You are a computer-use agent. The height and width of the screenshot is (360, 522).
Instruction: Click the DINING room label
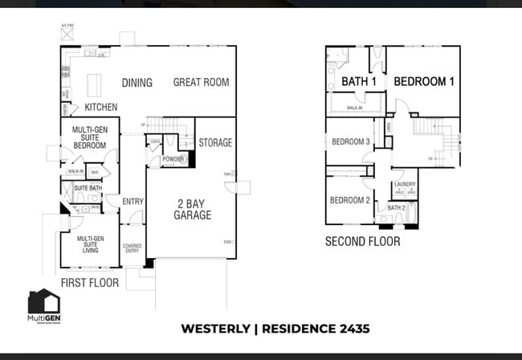point(137,83)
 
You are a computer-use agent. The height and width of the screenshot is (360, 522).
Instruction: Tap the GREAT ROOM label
point(201,82)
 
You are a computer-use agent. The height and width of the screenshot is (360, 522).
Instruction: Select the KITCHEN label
point(101,107)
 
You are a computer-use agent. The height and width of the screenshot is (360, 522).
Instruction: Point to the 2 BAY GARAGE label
point(194,209)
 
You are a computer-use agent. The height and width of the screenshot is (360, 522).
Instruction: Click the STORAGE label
point(216,143)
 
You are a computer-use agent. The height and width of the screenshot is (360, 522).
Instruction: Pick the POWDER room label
point(173,160)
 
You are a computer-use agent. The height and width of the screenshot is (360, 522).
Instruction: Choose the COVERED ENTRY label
point(133,248)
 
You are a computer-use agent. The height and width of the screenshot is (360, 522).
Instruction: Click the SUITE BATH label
point(88,188)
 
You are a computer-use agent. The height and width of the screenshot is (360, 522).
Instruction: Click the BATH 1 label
point(359,82)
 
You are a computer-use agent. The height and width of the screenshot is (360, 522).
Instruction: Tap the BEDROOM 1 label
point(424,82)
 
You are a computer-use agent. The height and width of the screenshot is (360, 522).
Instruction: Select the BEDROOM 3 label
point(351,142)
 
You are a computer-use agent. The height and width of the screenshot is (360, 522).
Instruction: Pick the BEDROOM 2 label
point(350,200)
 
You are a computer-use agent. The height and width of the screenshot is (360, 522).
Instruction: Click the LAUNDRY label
point(405,184)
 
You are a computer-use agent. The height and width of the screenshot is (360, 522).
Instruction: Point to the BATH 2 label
point(396,207)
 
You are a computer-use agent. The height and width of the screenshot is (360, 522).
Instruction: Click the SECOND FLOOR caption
point(362,241)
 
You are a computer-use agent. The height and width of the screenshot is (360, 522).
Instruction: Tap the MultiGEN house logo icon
point(43,303)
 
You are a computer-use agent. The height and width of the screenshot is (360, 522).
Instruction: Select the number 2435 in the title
point(345,329)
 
